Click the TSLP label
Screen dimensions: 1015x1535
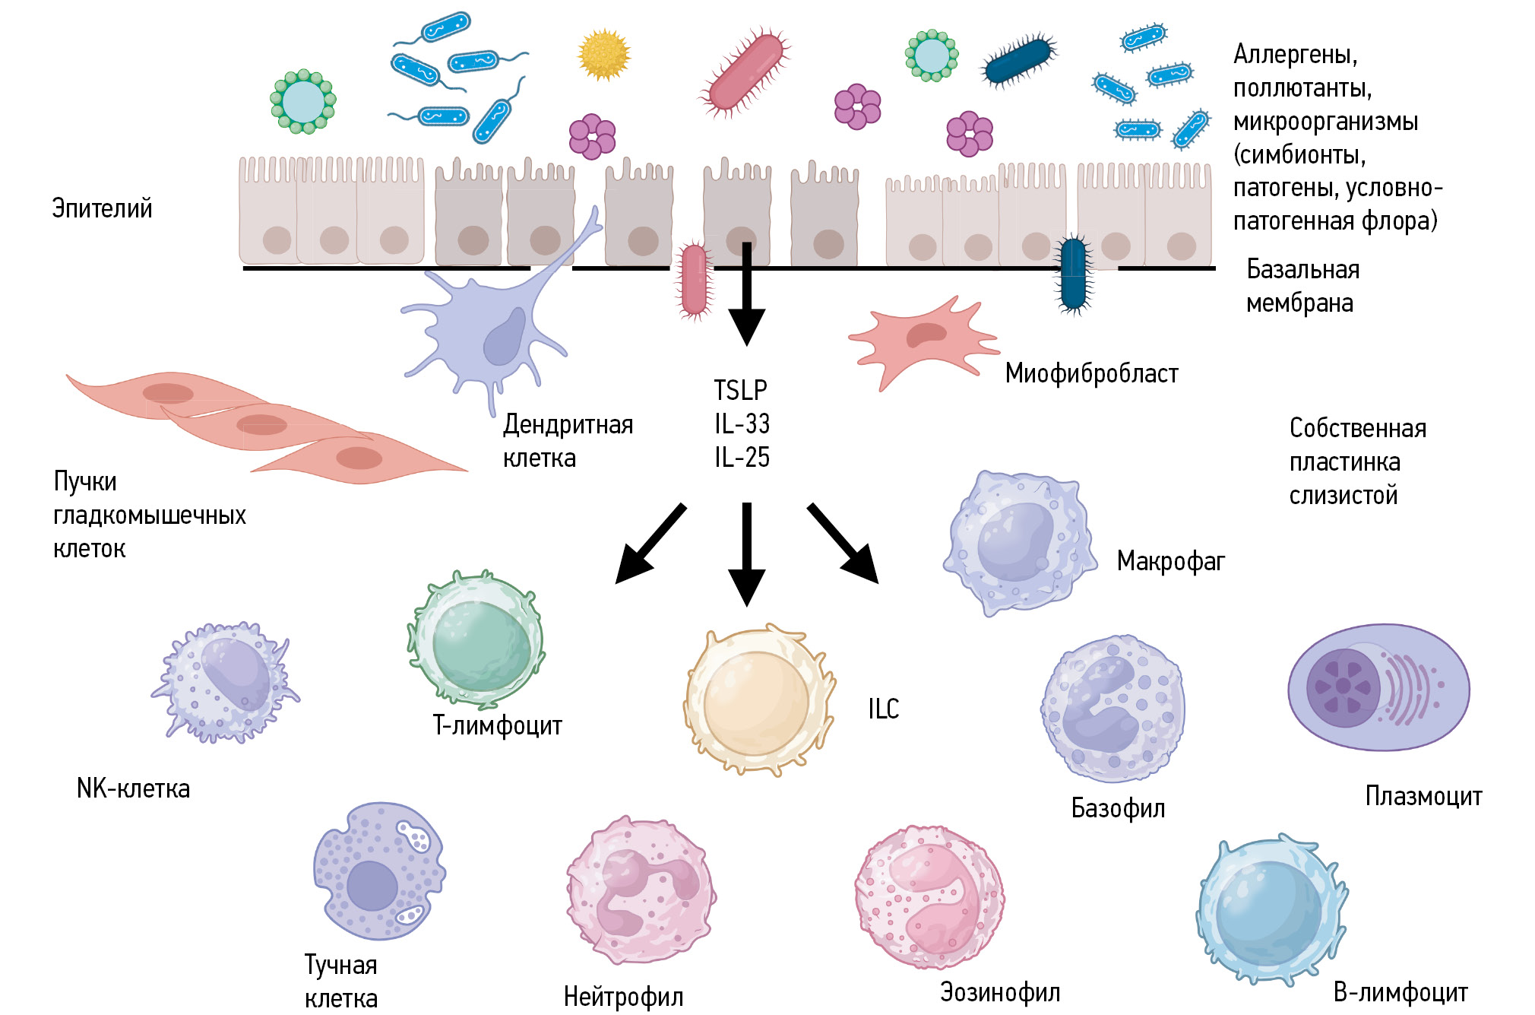point(740,390)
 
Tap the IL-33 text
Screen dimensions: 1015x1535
point(742,423)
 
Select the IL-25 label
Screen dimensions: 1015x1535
point(742,457)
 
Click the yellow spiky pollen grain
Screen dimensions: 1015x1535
point(604,55)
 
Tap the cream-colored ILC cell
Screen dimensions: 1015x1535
point(757,701)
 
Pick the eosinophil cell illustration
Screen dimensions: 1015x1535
point(929,897)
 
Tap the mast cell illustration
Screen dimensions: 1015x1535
point(378,871)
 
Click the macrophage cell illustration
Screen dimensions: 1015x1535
point(1018,541)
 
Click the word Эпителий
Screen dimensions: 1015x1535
point(102,208)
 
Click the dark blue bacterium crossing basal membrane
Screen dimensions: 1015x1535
point(1073,272)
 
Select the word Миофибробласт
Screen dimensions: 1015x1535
point(1091,373)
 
